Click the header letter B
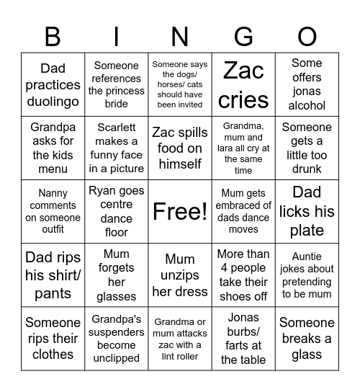click(53, 36)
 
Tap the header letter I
click(117, 36)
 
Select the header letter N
click(180, 36)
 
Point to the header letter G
click(243, 36)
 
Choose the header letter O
click(307, 36)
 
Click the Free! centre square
click(180, 211)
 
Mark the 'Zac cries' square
click(243, 85)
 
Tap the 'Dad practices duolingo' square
click(53, 85)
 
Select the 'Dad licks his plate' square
click(307, 211)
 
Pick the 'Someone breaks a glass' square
click(307, 338)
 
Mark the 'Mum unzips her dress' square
click(180, 275)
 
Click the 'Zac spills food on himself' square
click(180, 148)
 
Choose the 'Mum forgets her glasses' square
click(117, 275)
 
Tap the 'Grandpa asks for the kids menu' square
click(53, 148)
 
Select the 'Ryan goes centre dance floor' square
click(117, 211)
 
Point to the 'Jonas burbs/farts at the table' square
click(243, 338)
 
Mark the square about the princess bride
click(117, 85)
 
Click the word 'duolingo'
click(53, 102)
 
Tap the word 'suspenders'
click(117, 332)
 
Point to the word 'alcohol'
click(307, 105)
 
